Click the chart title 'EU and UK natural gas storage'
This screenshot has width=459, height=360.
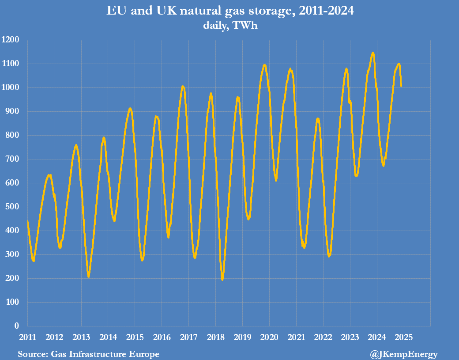tap(230, 11)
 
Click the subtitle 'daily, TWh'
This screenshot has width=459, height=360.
tap(230, 25)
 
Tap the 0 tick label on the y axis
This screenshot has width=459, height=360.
tap(17, 326)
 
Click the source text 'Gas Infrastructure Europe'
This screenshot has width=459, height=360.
tap(105, 354)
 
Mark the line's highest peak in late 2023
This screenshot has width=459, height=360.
tap(373, 53)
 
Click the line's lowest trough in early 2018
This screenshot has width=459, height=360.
tap(222, 279)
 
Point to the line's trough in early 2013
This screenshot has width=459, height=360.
tap(88, 277)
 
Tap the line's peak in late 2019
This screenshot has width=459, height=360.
tap(264, 65)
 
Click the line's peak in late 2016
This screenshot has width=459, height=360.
tap(183, 86)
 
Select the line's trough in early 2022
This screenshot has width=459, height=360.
tap(329, 256)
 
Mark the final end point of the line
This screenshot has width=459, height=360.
tap(401, 86)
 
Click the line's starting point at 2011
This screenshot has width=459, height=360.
tap(27, 220)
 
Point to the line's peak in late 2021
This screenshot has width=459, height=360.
tap(318, 118)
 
